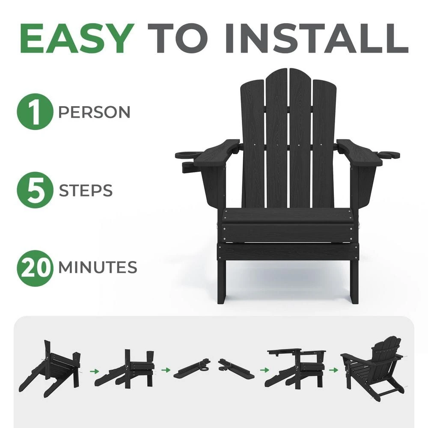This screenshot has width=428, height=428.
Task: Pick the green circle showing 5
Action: pos(34,190)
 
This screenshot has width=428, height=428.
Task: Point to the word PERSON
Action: pos(94,113)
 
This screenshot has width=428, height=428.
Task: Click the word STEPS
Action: pos(86,191)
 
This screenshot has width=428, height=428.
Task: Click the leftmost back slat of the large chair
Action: pos(253,141)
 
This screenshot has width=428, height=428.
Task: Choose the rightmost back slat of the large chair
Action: pos(324,141)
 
